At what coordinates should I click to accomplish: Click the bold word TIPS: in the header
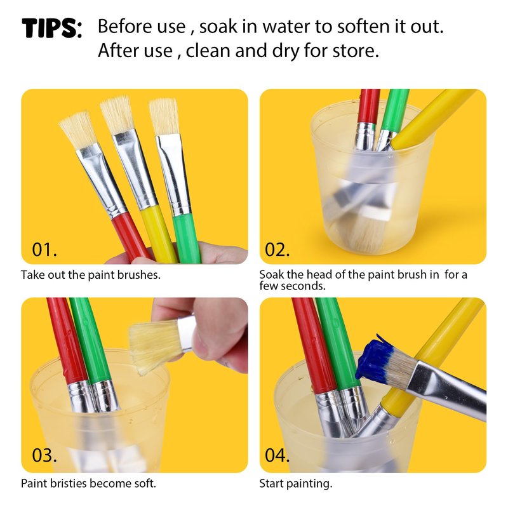[x=52, y=28]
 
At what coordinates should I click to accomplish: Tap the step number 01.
[x=44, y=250]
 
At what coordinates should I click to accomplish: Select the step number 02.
[x=277, y=250]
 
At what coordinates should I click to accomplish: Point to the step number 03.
[x=44, y=455]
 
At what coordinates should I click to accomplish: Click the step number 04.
[x=277, y=455]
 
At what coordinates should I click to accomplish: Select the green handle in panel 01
[x=187, y=238]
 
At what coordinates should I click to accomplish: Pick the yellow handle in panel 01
[x=159, y=233]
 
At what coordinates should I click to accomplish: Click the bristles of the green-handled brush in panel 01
[x=164, y=117]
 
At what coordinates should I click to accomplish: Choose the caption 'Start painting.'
[x=296, y=483]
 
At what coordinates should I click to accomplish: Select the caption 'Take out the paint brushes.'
[x=91, y=275]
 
